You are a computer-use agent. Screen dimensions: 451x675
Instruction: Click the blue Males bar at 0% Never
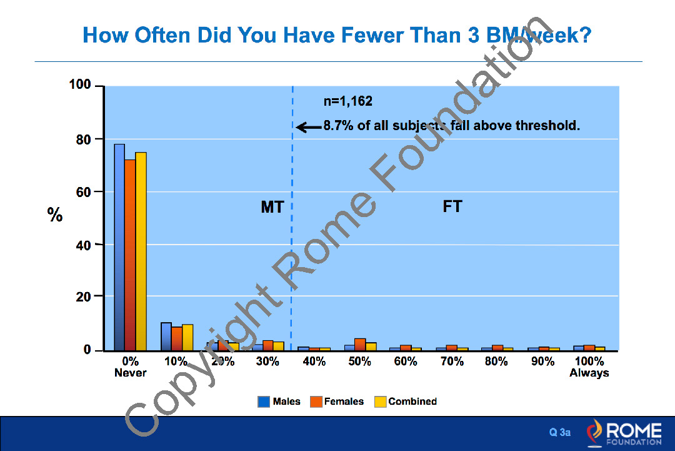119,247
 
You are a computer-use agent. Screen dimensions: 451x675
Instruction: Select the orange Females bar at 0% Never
130,255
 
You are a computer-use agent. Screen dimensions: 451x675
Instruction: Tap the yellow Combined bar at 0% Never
141,251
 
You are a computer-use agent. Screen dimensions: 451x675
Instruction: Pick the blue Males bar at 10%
166,337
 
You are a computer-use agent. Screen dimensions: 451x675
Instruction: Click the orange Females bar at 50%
360,344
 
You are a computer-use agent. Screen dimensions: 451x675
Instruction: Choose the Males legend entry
279,402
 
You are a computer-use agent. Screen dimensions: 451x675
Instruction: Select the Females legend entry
337,402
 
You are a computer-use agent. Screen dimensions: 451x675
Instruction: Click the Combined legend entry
406,402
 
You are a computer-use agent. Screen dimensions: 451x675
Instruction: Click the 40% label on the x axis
314,362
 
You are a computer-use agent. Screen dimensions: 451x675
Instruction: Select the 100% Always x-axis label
589,367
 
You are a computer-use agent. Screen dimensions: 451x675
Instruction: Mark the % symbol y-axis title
55,216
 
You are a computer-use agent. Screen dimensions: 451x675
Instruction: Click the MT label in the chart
272,207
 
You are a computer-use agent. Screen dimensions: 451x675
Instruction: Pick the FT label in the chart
452,206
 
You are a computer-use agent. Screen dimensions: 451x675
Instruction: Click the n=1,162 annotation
347,101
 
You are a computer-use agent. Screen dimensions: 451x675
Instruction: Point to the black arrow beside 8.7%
308,127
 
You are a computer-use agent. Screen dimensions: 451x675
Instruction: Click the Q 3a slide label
559,432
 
